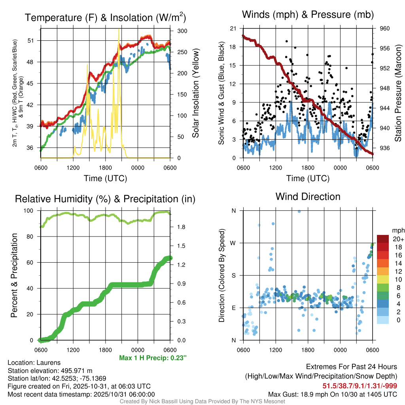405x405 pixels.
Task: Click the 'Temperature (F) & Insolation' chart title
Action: [105, 18]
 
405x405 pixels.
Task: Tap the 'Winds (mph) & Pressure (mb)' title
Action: [308, 15]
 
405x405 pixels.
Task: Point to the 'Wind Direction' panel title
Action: [308, 197]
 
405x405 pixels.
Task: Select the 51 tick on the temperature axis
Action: [34, 41]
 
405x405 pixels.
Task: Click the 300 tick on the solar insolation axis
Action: [182, 31]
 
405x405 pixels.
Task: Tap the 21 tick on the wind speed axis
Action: [233, 28]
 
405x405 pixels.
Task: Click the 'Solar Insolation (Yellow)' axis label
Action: [195, 93]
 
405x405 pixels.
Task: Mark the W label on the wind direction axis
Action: [233, 243]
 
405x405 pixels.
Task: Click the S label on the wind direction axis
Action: [234, 275]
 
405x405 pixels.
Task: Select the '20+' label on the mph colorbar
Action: [398, 239]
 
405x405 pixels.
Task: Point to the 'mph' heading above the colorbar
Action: [398, 230]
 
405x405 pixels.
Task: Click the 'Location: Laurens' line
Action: [34, 363]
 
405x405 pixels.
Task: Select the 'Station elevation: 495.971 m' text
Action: [50, 371]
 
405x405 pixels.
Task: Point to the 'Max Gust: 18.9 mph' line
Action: [333, 394]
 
